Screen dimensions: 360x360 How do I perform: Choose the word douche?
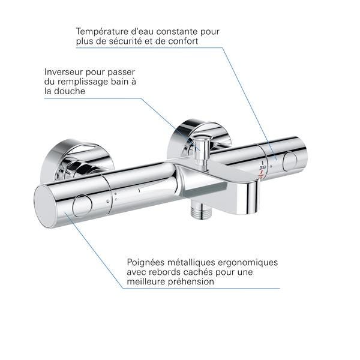(x=70, y=91)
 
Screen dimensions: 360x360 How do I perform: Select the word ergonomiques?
(x=248, y=262)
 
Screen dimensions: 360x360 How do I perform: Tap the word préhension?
(x=191, y=281)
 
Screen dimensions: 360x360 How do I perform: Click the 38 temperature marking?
(x=262, y=168)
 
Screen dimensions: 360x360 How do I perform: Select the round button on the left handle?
(x=82, y=206)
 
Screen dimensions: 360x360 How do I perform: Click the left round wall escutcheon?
(x=77, y=161)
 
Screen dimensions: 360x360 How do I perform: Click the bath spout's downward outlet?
(x=252, y=197)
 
